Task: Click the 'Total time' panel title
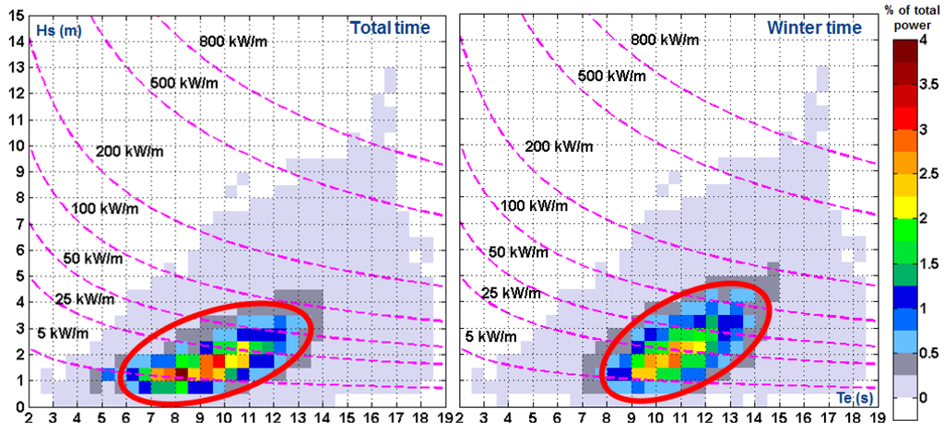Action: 389,28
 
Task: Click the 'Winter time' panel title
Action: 814,28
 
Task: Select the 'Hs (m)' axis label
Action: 56,30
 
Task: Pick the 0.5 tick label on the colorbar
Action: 928,354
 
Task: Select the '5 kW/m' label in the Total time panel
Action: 70,333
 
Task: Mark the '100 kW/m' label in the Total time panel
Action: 104,209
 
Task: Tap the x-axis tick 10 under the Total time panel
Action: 224,419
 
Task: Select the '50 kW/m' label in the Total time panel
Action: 90,259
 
